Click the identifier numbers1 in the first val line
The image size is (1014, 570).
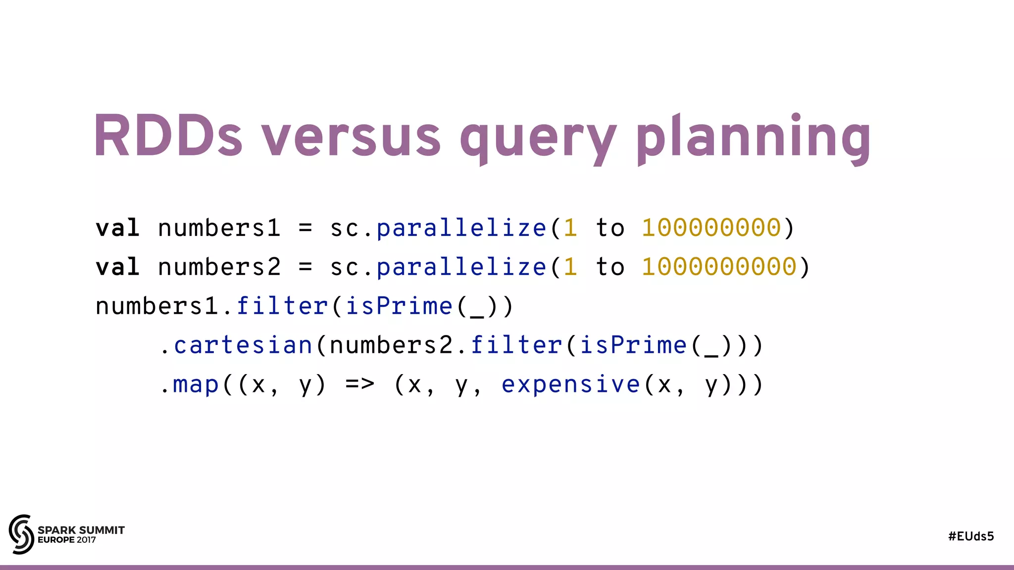(219, 228)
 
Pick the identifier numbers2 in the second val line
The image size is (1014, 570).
(219, 267)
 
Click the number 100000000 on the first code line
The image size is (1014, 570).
(711, 228)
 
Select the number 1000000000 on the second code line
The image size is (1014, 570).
(719, 267)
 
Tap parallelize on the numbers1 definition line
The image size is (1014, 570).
(461, 228)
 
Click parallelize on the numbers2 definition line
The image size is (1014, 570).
(461, 267)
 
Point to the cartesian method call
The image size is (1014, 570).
(243, 345)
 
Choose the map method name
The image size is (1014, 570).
(196, 384)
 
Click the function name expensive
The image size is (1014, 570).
(571, 384)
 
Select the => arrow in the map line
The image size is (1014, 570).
(360, 384)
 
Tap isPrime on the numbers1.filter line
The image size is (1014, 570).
(399, 306)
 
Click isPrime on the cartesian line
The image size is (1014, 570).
(633, 345)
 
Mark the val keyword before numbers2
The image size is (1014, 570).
(117, 267)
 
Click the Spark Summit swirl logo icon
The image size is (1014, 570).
(21, 534)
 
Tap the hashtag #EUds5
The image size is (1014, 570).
(971, 536)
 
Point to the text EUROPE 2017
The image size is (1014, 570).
(67, 540)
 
